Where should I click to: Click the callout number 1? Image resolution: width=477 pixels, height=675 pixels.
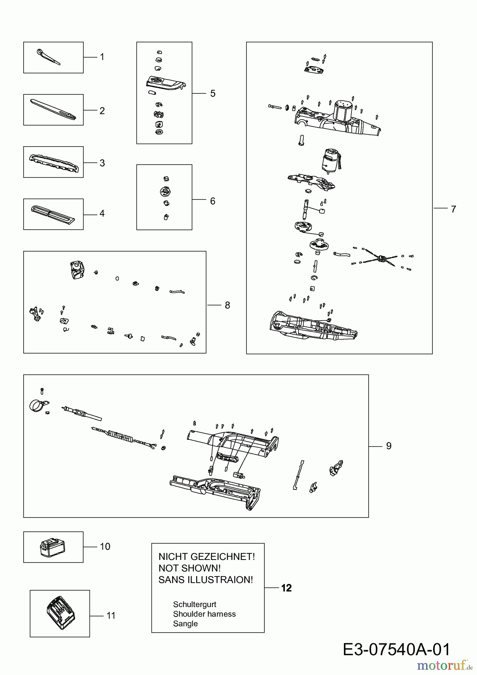102,57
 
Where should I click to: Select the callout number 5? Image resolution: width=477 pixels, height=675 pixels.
213,93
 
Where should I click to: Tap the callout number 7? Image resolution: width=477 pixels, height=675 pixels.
453,209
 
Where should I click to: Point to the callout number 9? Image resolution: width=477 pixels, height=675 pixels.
388,446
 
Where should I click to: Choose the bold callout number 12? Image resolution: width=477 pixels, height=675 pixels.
286,588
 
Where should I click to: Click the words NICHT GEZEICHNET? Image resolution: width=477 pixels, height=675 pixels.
207,557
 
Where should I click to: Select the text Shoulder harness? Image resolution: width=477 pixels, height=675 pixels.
204,614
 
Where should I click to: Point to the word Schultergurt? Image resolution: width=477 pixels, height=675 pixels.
195,604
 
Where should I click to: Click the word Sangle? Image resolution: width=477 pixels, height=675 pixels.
185,624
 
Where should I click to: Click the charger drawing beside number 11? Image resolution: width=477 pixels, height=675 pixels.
60,614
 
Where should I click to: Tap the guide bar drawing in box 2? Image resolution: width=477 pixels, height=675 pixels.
53,109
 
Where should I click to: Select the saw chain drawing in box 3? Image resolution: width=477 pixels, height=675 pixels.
54,163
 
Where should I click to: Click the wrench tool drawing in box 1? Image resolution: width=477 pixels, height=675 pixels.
48,57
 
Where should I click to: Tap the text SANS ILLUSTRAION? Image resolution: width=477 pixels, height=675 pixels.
206,580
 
